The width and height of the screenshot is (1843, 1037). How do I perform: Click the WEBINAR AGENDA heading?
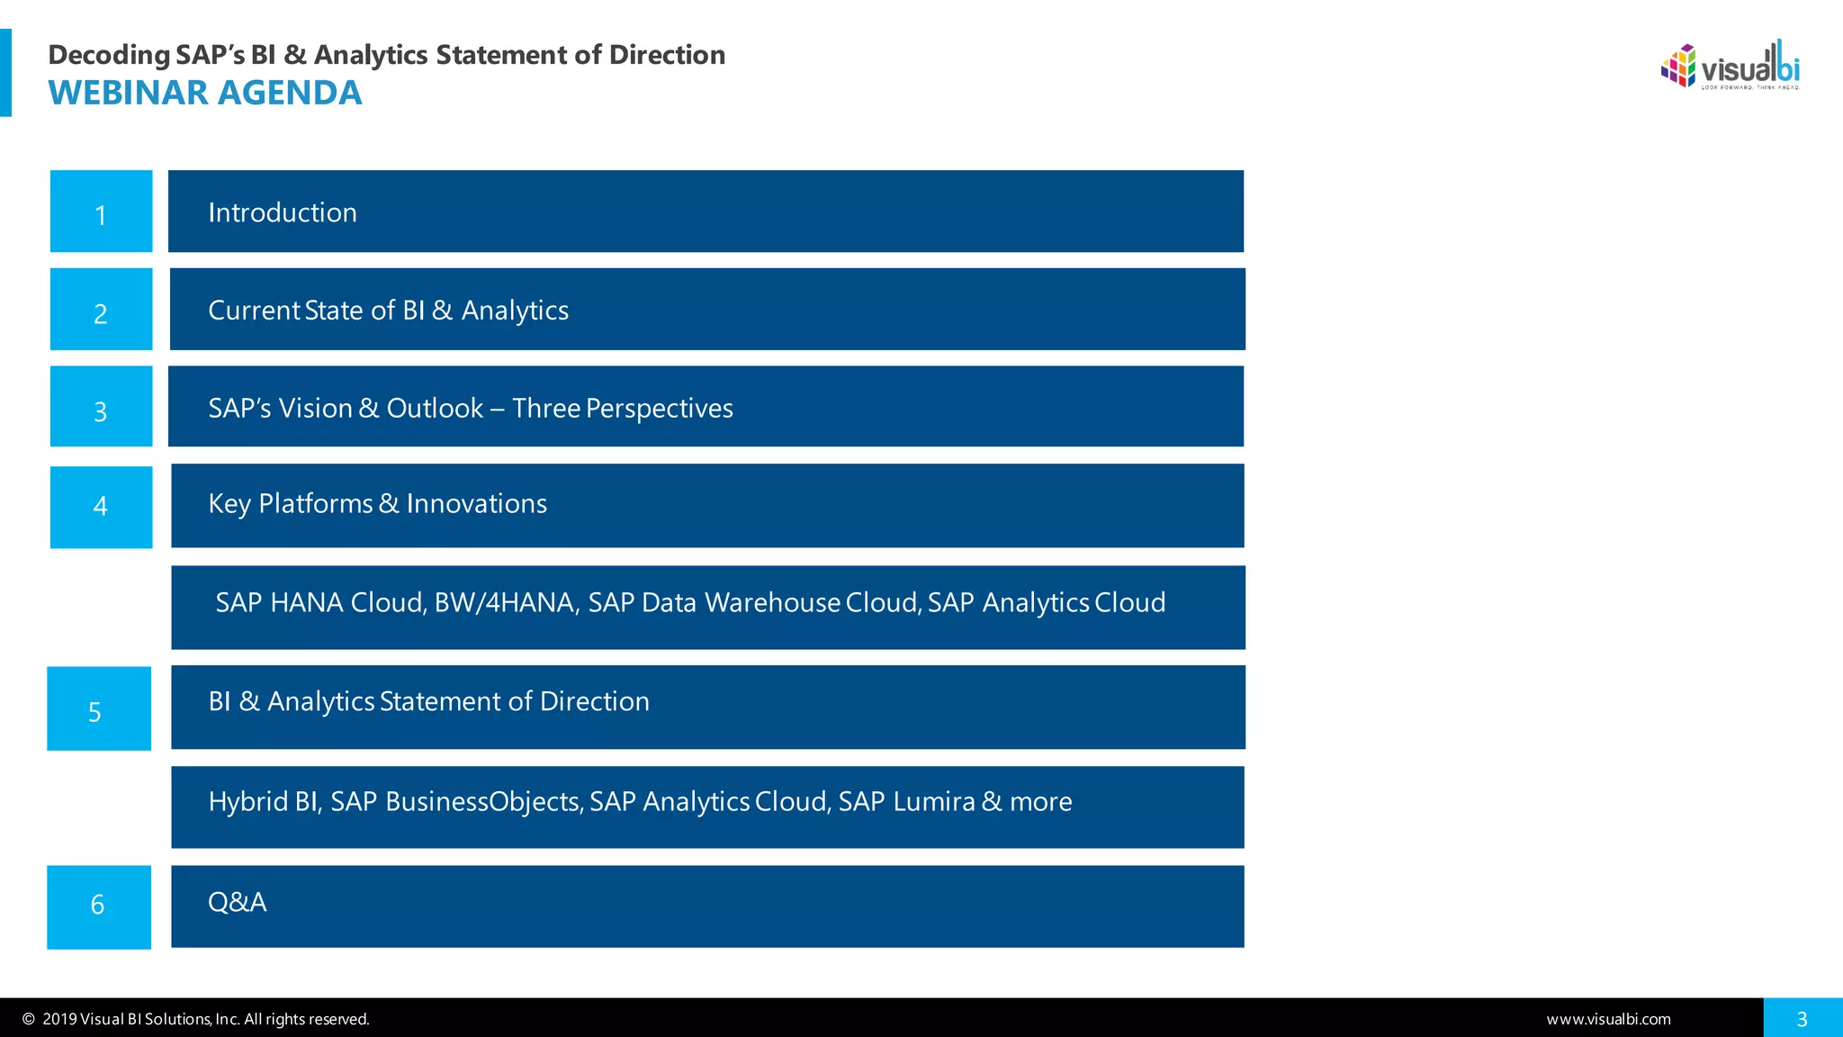pos(205,93)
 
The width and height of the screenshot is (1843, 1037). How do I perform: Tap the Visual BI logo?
pos(1730,66)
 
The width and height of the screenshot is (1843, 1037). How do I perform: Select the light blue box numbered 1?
pos(101,212)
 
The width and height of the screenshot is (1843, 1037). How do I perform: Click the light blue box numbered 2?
pos(101,310)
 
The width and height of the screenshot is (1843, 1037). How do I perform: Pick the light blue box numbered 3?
pos(101,407)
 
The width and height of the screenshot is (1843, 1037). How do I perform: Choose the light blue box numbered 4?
pos(101,507)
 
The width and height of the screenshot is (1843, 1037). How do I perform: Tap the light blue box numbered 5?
pos(99,708)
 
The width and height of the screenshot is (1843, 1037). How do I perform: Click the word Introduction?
pos(283,212)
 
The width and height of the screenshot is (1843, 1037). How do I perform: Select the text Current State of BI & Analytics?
pos(388,311)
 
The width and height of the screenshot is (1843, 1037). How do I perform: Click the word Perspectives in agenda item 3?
pos(659,409)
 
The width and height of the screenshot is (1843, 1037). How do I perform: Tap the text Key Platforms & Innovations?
pos(377,504)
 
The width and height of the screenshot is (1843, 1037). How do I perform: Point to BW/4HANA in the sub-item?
pos(505,602)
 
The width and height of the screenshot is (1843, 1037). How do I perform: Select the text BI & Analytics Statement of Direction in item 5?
pos(428,701)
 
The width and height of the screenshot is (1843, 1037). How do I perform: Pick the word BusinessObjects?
pos(483,801)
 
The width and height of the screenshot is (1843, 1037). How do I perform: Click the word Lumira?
pos(933,801)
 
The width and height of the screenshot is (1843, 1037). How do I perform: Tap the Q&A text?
pos(237,902)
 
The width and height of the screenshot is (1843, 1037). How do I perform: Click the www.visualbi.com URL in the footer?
pos(1608,1019)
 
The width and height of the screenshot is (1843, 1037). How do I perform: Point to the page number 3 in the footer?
pos(1802,1019)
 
